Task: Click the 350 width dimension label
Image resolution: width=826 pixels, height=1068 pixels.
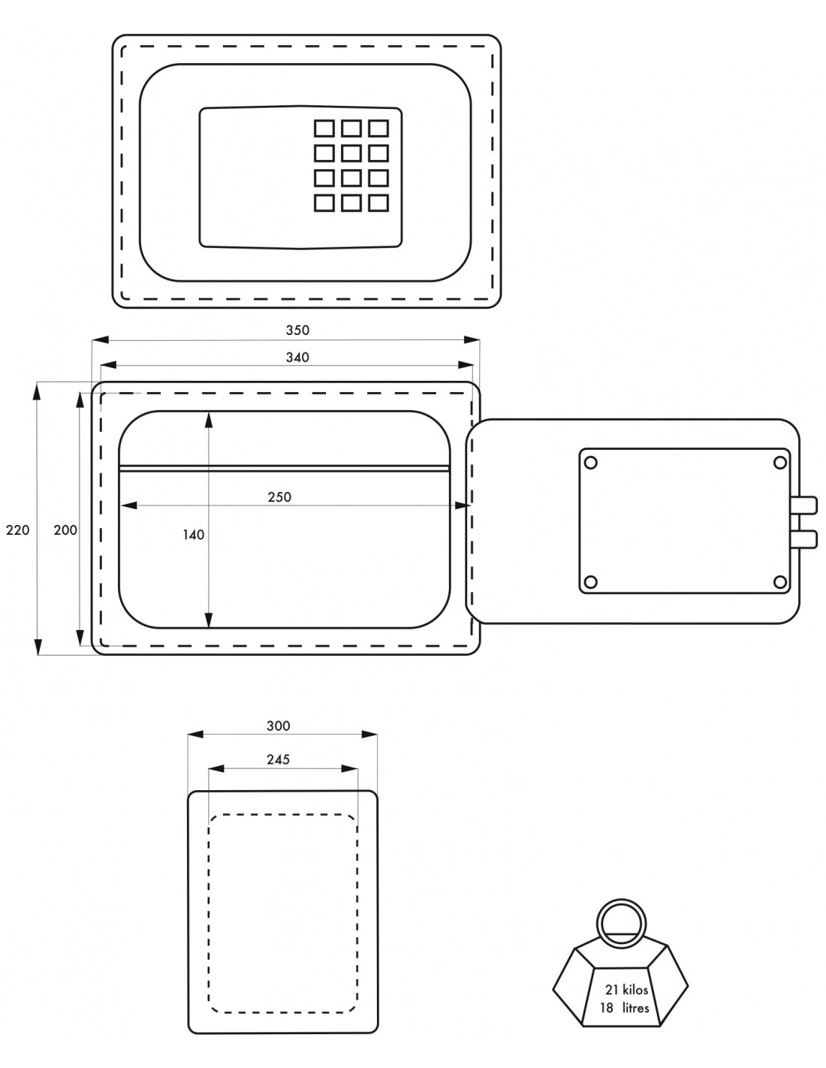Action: (x=297, y=330)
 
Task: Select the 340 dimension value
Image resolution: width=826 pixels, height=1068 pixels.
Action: (x=297, y=358)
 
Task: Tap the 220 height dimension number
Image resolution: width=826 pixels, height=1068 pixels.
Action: (x=17, y=529)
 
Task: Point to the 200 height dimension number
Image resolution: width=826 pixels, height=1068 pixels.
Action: (x=65, y=529)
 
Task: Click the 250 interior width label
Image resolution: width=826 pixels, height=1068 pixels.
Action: (x=279, y=496)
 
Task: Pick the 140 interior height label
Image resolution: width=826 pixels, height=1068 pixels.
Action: (x=193, y=535)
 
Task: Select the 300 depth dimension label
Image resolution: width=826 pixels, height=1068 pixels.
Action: (x=278, y=726)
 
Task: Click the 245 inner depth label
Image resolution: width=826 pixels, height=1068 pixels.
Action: (x=278, y=759)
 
